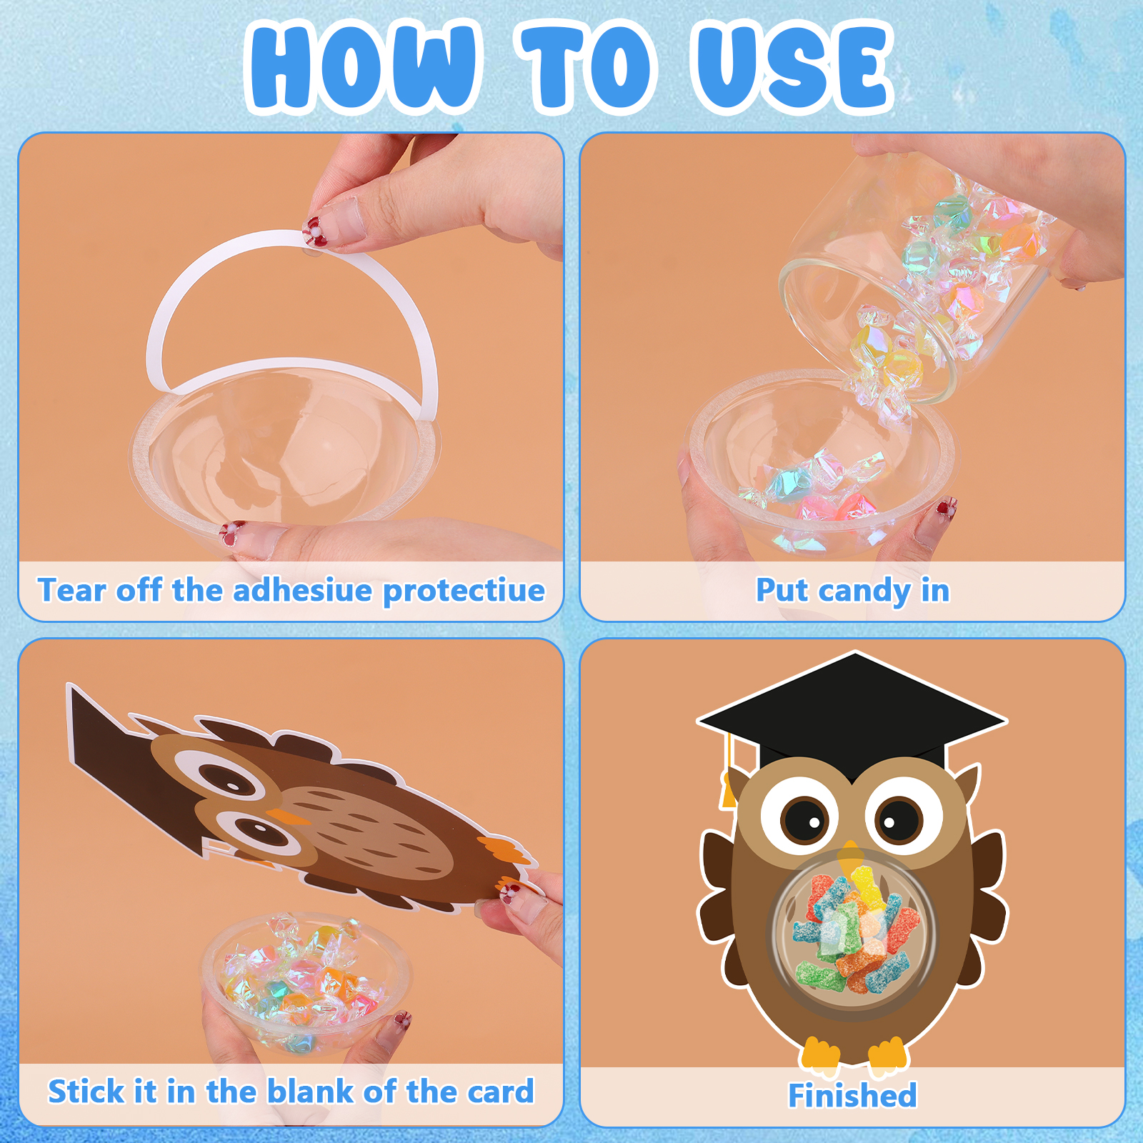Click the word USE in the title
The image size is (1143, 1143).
pyautogui.click(x=792, y=67)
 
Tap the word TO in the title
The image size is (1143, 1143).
pyautogui.click(x=587, y=67)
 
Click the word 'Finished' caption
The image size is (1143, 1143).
pyautogui.click(x=852, y=1095)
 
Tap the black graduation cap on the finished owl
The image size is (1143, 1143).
pyautogui.click(x=852, y=714)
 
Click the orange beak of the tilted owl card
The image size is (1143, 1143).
pyautogui.click(x=287, y=815)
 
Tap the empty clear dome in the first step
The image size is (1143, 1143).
pyautogui.click(x=286, y=457)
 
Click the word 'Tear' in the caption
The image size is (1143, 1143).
pyautogui.click(x=71, y=590)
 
